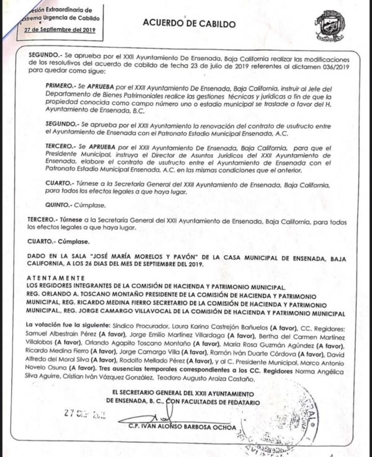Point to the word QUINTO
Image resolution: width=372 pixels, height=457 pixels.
[x=61, y=205]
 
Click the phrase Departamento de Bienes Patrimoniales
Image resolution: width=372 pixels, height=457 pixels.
[x=100, y=91]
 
